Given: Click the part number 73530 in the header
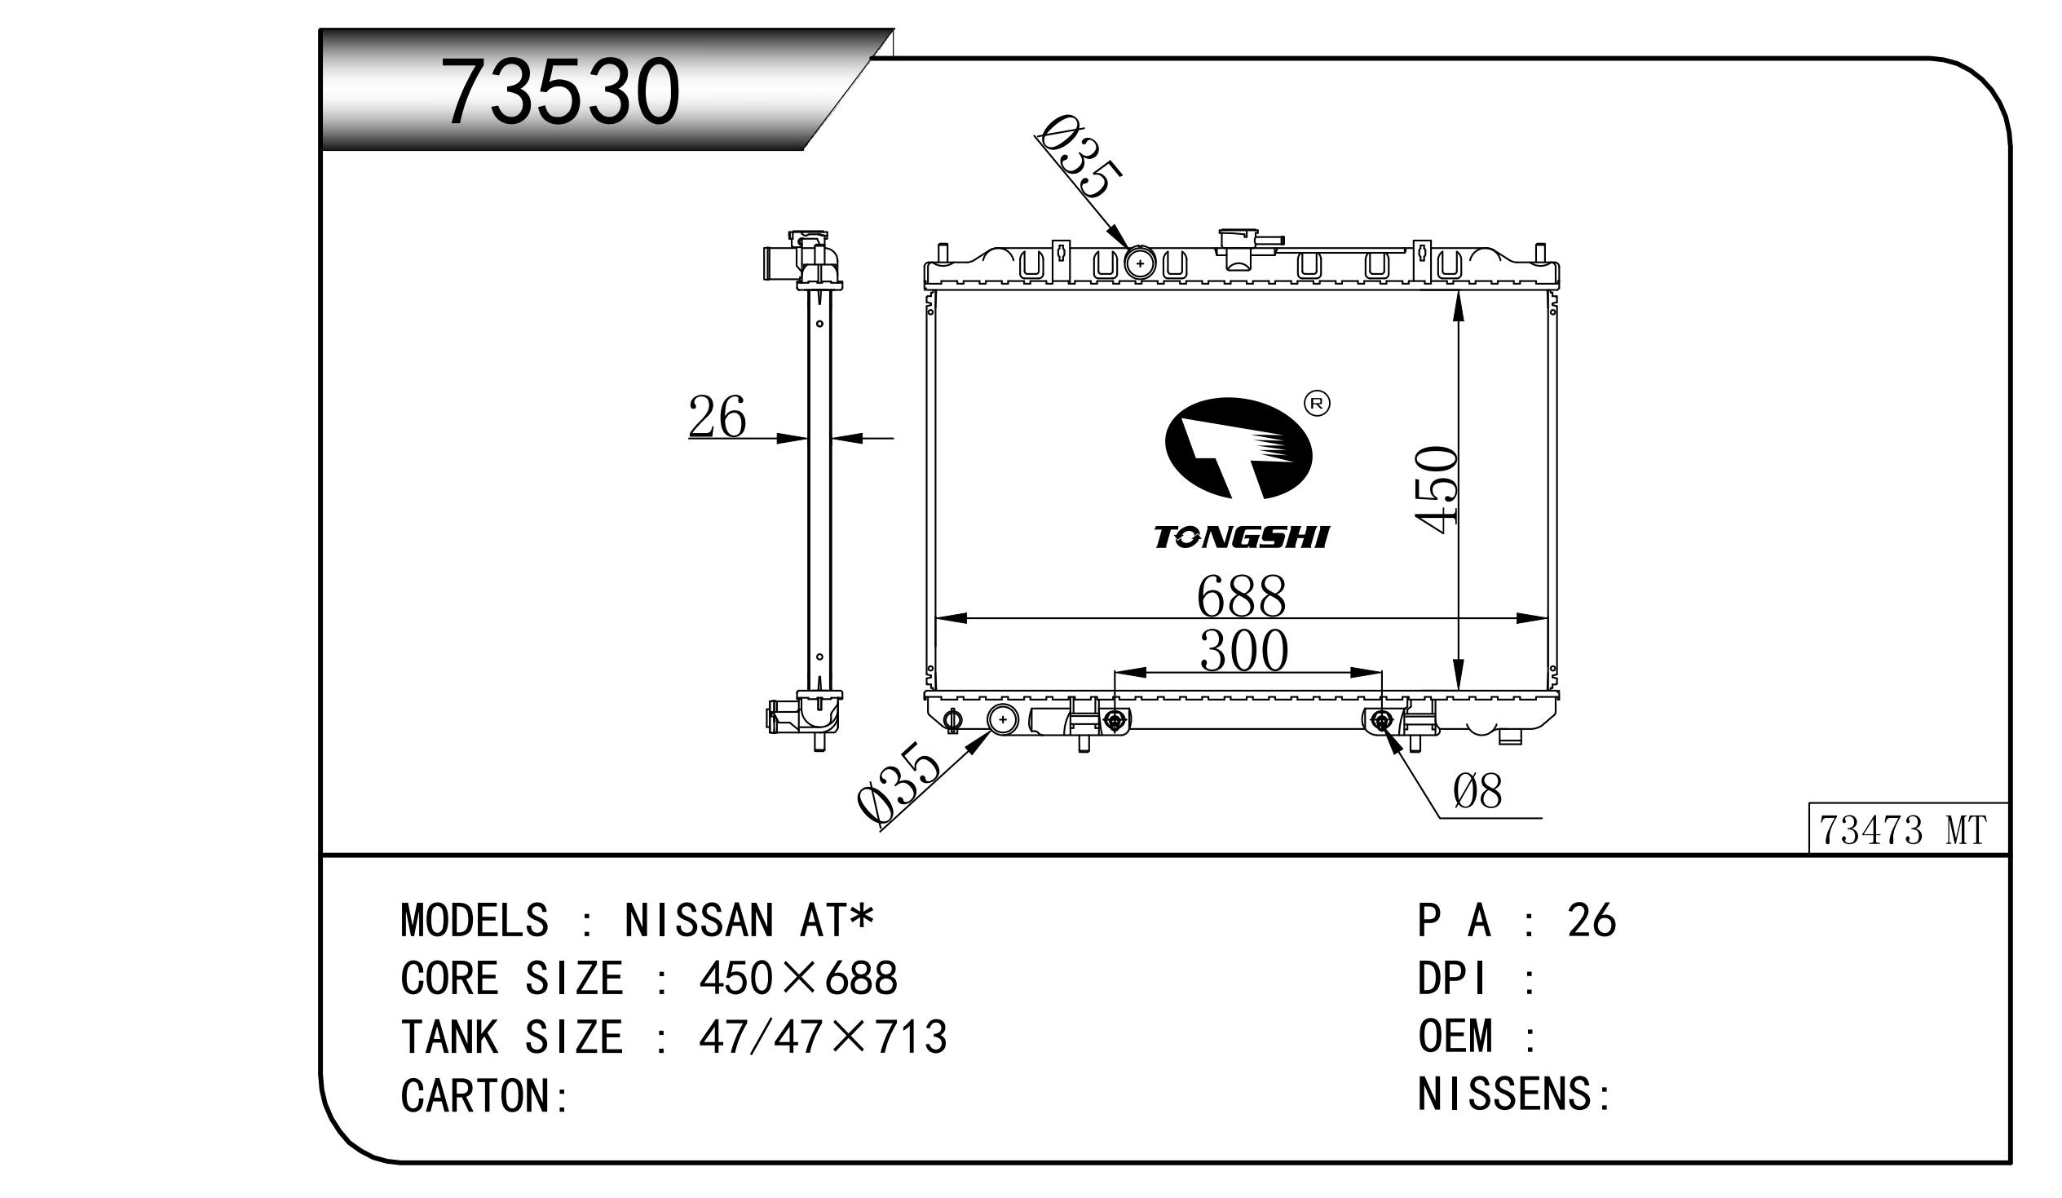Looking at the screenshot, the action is (560, 91).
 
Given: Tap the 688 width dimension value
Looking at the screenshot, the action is (1241, 596).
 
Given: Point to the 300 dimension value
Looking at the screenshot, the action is (1243, 652).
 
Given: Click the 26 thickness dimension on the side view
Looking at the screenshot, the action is (717, 417).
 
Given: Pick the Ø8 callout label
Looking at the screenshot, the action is (1477, 792).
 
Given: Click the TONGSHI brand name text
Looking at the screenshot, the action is (1241, 537).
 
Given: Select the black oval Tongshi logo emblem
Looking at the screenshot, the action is (1238, 449).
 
